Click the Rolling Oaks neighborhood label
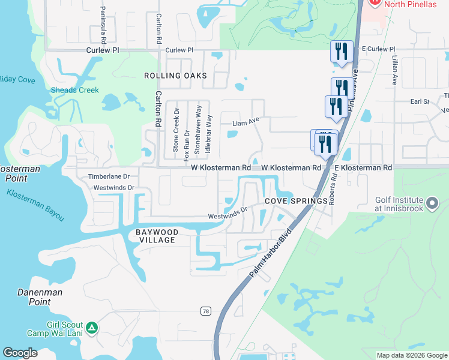coord(175,76)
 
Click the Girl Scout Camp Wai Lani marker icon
coord(92,328)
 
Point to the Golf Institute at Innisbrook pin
coord(432,204)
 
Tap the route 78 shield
coord(206,311)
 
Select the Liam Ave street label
coord(246,123)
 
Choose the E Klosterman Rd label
coord(363,168)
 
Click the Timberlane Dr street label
coord(109,177)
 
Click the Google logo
coord(20,352)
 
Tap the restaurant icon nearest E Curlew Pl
coord(342,52)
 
